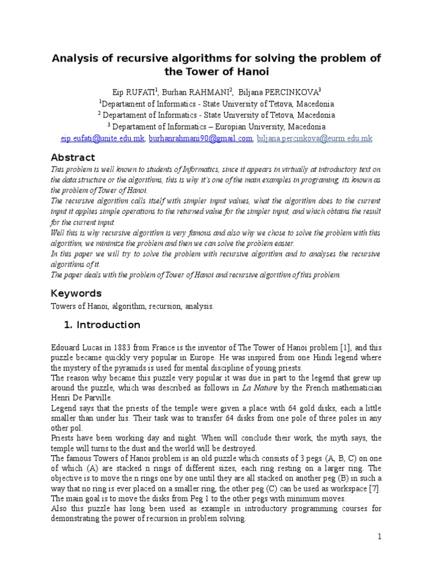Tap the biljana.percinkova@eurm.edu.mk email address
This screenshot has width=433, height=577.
(315, 139)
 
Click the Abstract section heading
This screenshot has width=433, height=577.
(73, 157)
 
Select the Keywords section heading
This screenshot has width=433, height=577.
(76, 293)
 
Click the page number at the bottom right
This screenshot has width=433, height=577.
(380, 537)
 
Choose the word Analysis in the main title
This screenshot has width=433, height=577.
(76, 59)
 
